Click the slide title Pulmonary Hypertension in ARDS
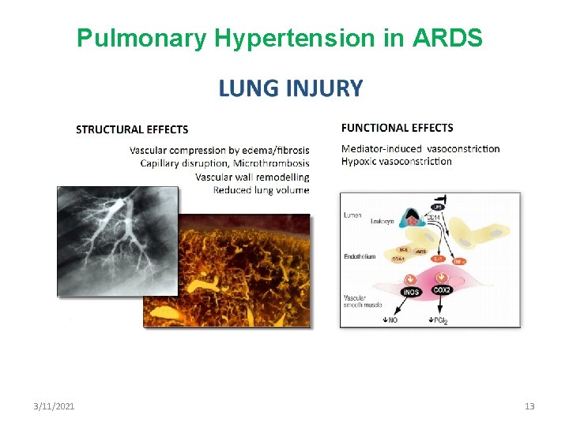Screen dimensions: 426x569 pos(279,37)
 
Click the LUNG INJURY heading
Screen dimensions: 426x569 pos(290,88)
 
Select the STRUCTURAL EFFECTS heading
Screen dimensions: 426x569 pos(132,129)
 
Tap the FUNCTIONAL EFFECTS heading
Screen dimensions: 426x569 pos(397,127)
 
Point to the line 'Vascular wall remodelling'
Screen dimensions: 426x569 pos(252,177)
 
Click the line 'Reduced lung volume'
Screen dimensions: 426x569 pos(261,189)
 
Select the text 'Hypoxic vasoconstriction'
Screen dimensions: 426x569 pos(396,162)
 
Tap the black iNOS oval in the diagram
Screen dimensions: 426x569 pos(409,292)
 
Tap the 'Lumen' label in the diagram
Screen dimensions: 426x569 pos(353,214)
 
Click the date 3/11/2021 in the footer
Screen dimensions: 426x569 pos(55,406)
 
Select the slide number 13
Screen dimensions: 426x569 pos(529,406)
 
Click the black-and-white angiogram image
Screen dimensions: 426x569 pos(107,237)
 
